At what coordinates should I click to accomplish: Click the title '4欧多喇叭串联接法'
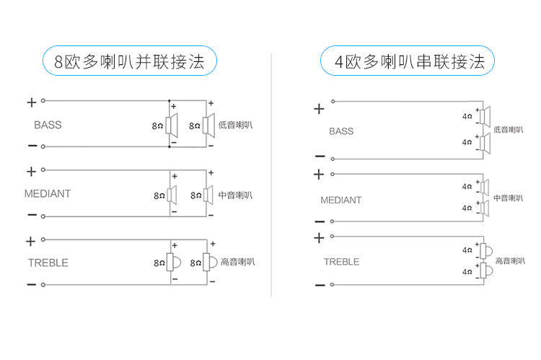click(408, 61)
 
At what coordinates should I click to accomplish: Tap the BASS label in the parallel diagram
click(48, 125)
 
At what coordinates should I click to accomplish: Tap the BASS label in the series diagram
click(341, 131)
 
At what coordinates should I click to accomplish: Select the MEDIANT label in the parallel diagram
click(48, 193)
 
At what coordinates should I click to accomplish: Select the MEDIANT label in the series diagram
click(341, 200)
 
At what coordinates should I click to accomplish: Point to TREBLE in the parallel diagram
click(48, 263)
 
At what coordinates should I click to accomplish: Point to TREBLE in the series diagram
click(341, 262)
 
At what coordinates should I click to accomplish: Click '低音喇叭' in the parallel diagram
click(236, 126)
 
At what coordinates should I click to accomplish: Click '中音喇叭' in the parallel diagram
click(236, 195)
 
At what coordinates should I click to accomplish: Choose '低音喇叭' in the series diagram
click(510, 131)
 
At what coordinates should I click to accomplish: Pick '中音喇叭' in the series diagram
click(510, 198)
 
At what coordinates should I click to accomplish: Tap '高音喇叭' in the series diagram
click(510, 261)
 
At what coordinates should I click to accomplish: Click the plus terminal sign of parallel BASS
click(31, 102)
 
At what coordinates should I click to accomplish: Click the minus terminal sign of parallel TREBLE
click(31, 285)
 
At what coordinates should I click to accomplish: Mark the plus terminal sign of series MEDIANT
click(319, 175)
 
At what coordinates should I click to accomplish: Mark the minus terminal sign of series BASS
click(320, 156)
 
